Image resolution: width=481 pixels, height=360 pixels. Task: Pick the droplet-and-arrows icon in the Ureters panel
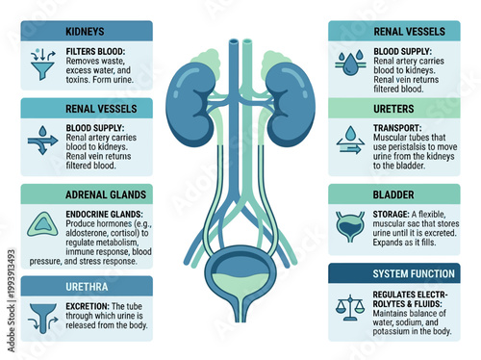[x=349, y=142]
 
